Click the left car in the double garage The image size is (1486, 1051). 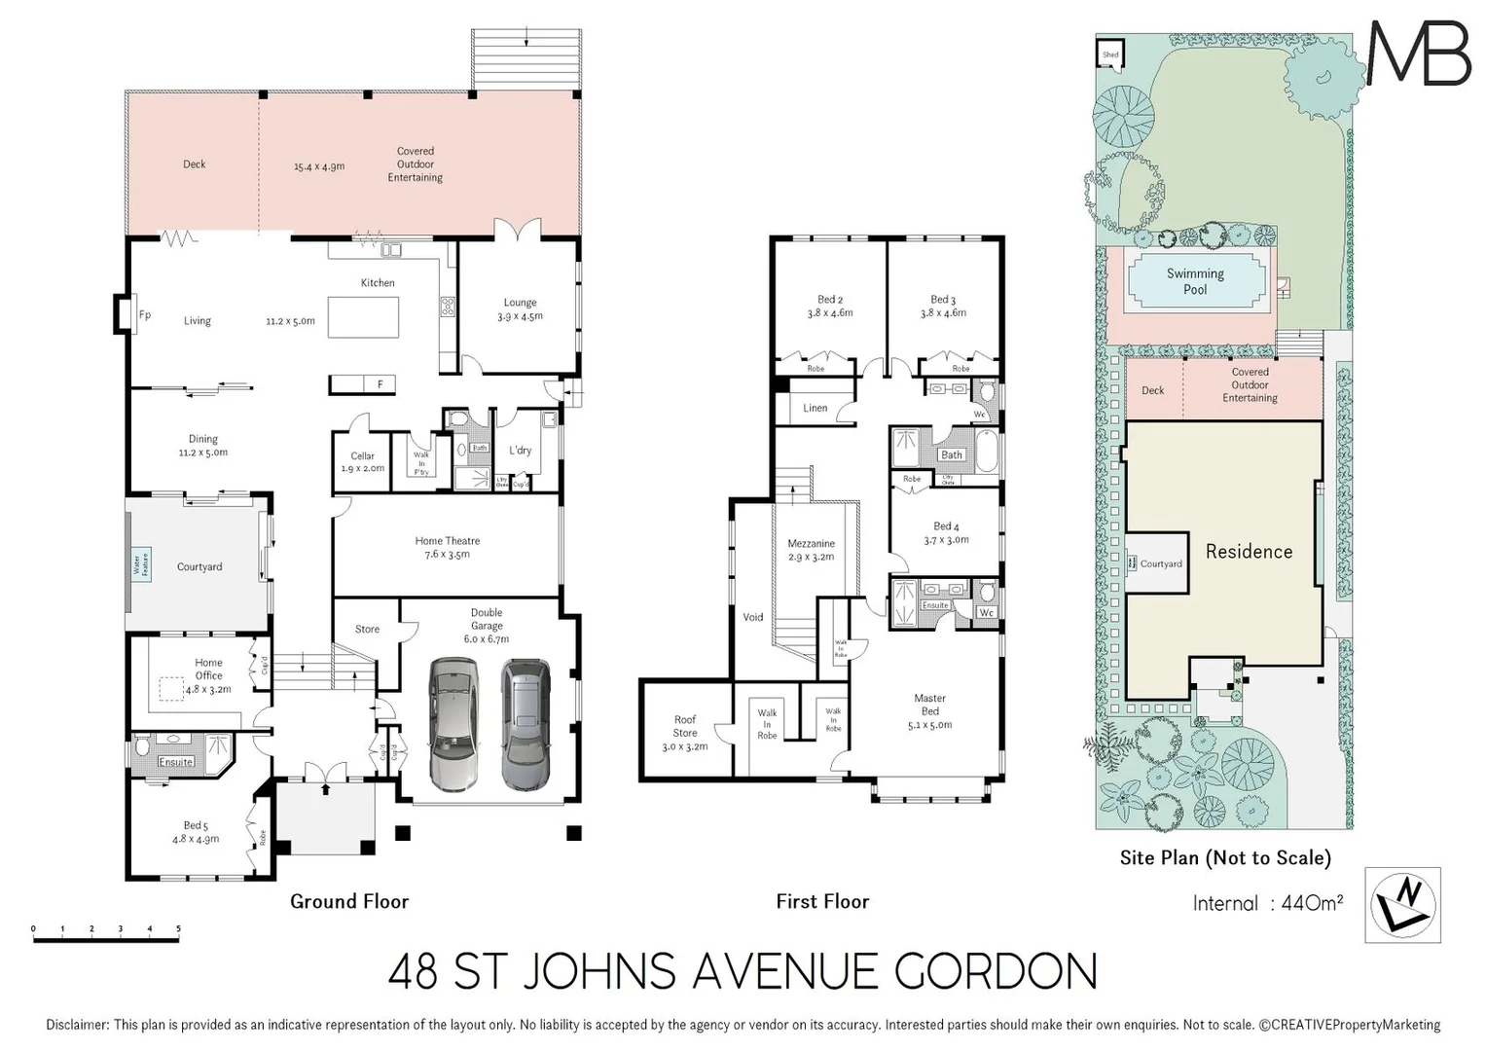click(x=453, y=723)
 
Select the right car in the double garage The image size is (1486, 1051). click(x=526, y=723)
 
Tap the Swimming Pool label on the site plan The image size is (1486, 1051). click(x=1195, y=281)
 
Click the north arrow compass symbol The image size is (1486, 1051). click(x=1402, y=905)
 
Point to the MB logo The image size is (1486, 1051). click(x=1420, y=54)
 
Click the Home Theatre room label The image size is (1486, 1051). click(x=447, y=547)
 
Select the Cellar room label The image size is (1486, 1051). click(x=362, y=461)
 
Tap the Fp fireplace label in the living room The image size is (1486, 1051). click(x=145, y=315)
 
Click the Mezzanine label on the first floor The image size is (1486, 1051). click(x=811, y=550)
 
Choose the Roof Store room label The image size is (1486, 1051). click(x=685, y=733)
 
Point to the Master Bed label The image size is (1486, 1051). click(x=929, y=710)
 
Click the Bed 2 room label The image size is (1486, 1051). click(x=829, y=306)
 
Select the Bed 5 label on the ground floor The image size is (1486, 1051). click(x=196, y=831)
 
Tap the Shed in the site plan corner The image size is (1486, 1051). click(x=1110, y=54)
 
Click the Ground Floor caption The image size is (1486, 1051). click(x=349, y=901)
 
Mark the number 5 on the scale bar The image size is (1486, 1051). click(x=178, y=928)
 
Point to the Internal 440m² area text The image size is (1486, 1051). click(x=1267, y=903)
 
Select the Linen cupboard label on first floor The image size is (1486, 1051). click(x=815, y=408)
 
